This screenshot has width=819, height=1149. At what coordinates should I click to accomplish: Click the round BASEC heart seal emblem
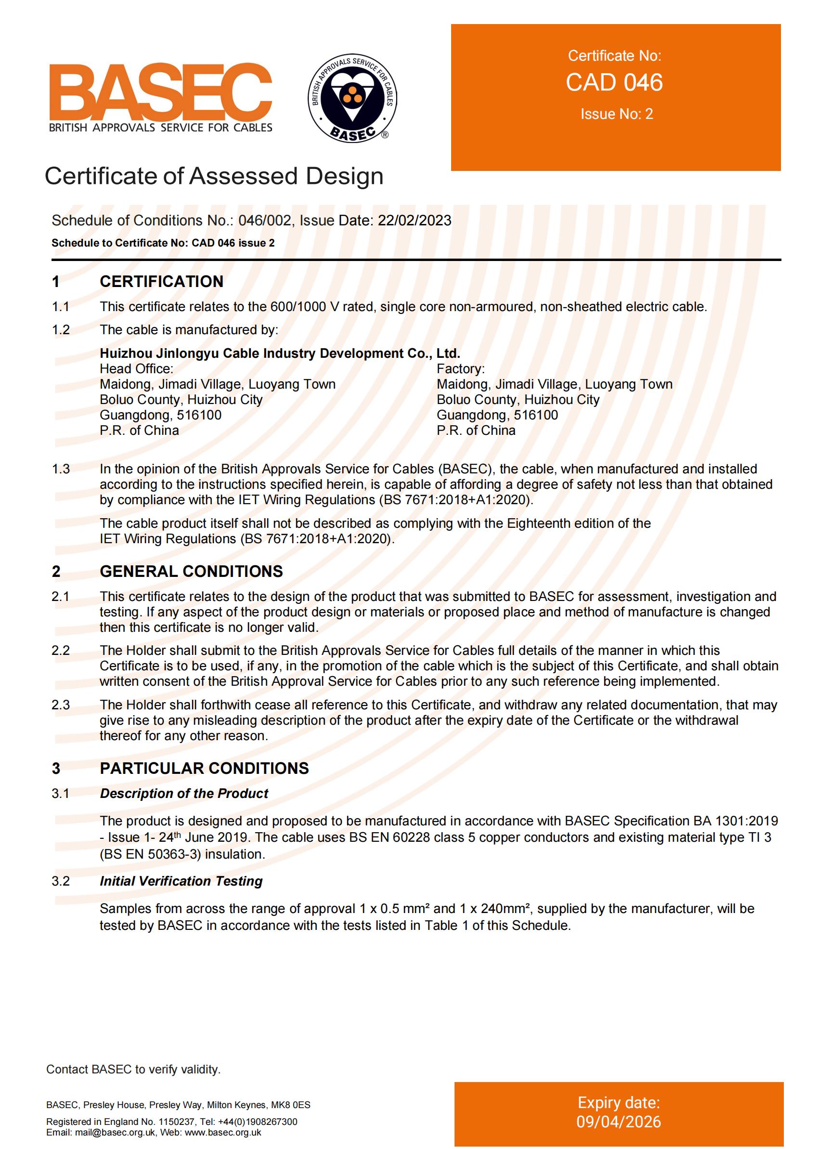352,97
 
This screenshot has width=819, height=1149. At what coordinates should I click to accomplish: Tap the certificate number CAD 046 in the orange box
614,83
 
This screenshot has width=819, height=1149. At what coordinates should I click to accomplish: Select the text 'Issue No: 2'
616,115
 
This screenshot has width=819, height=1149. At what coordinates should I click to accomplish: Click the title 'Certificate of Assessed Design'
214,177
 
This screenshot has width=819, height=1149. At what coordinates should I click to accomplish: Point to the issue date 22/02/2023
415,221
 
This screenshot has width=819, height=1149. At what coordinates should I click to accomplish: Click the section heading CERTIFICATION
161,281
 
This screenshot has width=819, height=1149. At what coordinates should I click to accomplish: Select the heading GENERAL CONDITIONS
191,571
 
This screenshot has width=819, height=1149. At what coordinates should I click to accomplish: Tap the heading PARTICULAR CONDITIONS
204,768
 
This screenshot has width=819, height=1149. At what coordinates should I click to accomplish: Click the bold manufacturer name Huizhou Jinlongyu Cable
280,353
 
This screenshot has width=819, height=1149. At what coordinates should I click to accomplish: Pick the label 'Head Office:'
136,369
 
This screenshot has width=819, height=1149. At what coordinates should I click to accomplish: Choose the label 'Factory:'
460,369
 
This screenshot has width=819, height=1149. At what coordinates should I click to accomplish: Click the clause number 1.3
61,469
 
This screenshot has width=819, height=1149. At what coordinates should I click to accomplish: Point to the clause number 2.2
61,651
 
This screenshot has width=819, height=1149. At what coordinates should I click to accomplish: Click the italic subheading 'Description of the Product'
184,794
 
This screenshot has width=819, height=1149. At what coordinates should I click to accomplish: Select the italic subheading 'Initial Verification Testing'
181,881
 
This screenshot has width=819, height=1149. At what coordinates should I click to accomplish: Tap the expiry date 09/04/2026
619,1122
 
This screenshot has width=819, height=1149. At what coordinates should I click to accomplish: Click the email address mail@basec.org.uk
113,1132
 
